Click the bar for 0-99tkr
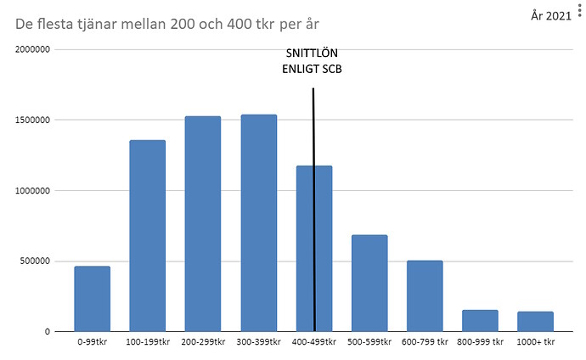[x=93, y=299]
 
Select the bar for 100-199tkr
[x=148, y=236]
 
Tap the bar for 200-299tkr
[x=203, y=223]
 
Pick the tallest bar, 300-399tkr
[x=259, y=223]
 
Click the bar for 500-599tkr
[x=369, y=283]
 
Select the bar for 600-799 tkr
[x=425, y=295]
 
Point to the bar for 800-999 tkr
[x=480, y=320]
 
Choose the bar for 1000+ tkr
[x=536, y=321]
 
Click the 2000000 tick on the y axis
[x=32, y=49]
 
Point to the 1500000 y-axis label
[x=32, y=120]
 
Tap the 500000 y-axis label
[x=35, y=261]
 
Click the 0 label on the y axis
[x=48, y=332]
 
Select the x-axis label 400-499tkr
[x=314, y=341]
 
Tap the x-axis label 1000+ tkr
[x=536, y=341]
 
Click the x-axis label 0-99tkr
[x=93, y=341]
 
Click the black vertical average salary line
[x=314, y=210]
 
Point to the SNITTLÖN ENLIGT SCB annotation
[x=312, y=61]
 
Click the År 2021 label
[x=551, y=15]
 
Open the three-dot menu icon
[x=580, y=9]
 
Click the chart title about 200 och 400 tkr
[x=167, y=24]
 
